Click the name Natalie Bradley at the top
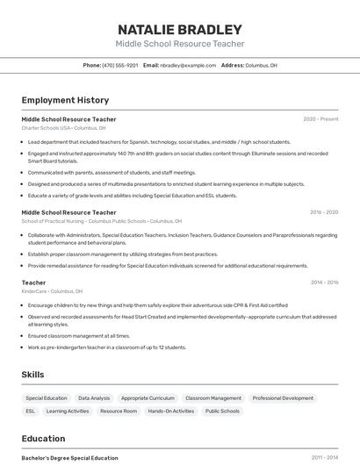point(180,29)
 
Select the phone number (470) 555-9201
point(119,65)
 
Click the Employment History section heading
point(65,100)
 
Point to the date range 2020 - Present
point(320,119)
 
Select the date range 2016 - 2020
point(323,212)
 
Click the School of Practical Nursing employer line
point(97,221)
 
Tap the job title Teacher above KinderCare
point(33,283)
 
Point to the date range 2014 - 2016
point(323,283)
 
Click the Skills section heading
point(32,375)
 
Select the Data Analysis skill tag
point(94,398)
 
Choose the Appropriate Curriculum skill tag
point(148,398)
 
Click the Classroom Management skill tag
point(213,398)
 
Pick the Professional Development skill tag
point(283,398)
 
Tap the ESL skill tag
point(31,411)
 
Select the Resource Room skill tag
point(119,411)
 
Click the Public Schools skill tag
point(222,411)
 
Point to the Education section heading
point(43,439)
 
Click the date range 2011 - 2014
point(323,458)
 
